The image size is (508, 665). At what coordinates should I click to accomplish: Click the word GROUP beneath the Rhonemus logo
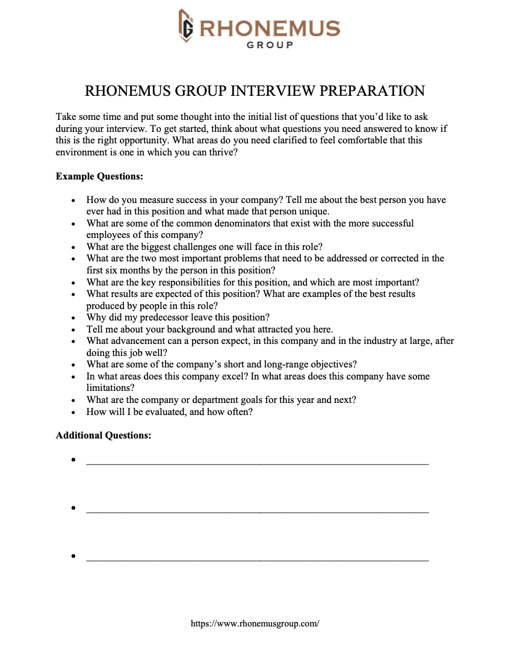coord(270,45)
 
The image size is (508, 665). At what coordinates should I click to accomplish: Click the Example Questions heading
coord(99,176)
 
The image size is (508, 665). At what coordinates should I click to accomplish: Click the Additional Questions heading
coord(104,435)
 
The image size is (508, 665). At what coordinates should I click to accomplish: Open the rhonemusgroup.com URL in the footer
coord(255,624)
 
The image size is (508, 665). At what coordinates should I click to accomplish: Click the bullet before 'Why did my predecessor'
coord(73,318)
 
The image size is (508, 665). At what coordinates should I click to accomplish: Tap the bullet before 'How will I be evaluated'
coord(73,413)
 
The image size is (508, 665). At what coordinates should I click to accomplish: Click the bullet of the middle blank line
coord(73,508)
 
